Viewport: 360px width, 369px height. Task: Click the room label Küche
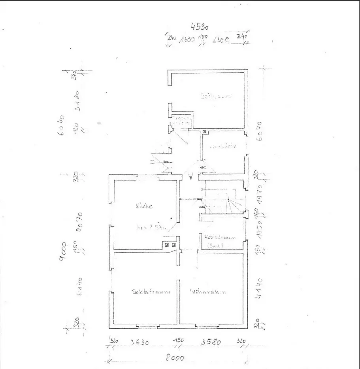coord(144,206)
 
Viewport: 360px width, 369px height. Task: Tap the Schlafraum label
coord(151,292)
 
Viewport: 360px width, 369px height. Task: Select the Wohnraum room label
coord(208,292)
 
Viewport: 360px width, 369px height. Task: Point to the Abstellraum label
coord(220,238)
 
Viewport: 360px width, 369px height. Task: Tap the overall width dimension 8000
coord(174,358)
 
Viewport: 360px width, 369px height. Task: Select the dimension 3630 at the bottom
coord(139,343)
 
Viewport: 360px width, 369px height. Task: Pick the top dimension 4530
coord(199,26)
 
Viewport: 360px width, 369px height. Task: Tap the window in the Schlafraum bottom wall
coord(147,327)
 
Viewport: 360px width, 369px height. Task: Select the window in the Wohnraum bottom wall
coord(207,327)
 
